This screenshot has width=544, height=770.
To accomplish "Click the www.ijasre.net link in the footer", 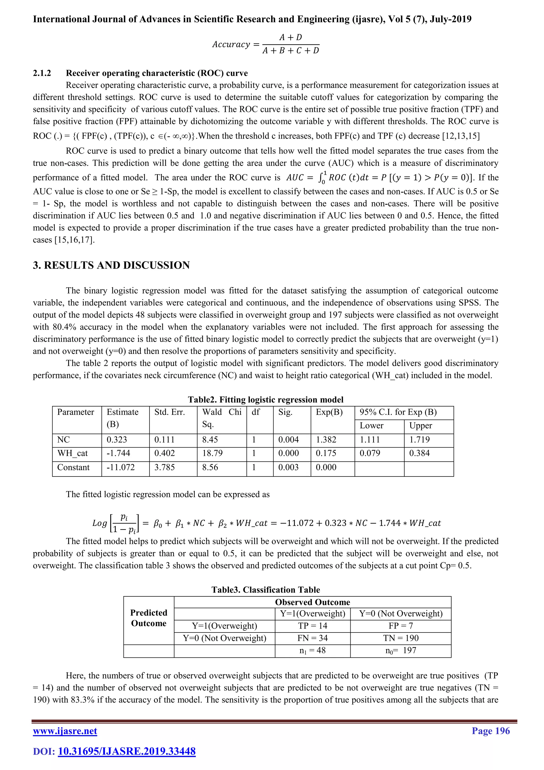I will point(65,731).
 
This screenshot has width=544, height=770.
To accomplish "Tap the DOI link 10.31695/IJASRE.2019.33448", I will point(127,751).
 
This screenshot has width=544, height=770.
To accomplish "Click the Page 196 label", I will point(490,730).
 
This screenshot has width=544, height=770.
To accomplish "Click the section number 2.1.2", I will point(42,73).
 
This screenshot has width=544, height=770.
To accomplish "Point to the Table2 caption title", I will point(265,399).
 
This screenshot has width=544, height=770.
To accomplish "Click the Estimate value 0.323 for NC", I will point(117,440).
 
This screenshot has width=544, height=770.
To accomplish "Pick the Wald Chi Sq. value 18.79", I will point(212,453).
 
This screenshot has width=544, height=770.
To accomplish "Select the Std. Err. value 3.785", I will point(164,467).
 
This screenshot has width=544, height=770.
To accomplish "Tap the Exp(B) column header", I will point(329,412).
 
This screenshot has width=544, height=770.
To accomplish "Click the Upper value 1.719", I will point(419,440).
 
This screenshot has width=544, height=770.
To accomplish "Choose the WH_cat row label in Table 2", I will point(72,453).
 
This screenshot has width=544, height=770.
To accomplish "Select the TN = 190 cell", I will point(401,638).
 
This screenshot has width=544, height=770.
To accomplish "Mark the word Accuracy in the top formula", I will point(231,44).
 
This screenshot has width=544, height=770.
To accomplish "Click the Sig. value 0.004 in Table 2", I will point(288,440).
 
